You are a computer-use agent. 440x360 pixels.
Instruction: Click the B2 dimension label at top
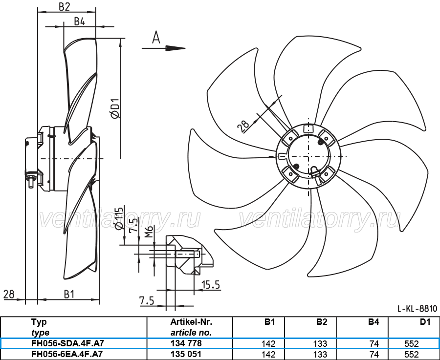coord(64,7)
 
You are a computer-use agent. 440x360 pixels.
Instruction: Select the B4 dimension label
coord(79,21)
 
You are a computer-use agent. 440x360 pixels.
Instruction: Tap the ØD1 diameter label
coord(115,108)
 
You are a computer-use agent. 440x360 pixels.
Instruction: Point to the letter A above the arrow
coord(156,38)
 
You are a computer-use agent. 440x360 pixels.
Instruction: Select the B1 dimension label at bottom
coord(69,295)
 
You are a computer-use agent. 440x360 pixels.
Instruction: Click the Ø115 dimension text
coord(119,218)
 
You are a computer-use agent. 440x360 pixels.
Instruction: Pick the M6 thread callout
coord(150,232)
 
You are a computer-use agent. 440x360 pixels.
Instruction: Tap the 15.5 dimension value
coord(211,285)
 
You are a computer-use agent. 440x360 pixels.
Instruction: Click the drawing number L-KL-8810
coord(418,309)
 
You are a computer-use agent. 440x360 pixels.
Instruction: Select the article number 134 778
coord(186,343)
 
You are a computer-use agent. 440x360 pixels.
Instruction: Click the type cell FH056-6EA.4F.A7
coord(67,354)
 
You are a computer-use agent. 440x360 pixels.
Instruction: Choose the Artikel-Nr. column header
coord(191,322)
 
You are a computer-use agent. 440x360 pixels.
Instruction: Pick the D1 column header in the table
coord(425,322)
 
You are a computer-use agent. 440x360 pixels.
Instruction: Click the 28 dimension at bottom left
coord(9,295)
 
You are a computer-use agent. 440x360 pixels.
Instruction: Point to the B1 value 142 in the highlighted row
coord(268,343)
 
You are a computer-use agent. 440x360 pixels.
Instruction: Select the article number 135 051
coord(186,354)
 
